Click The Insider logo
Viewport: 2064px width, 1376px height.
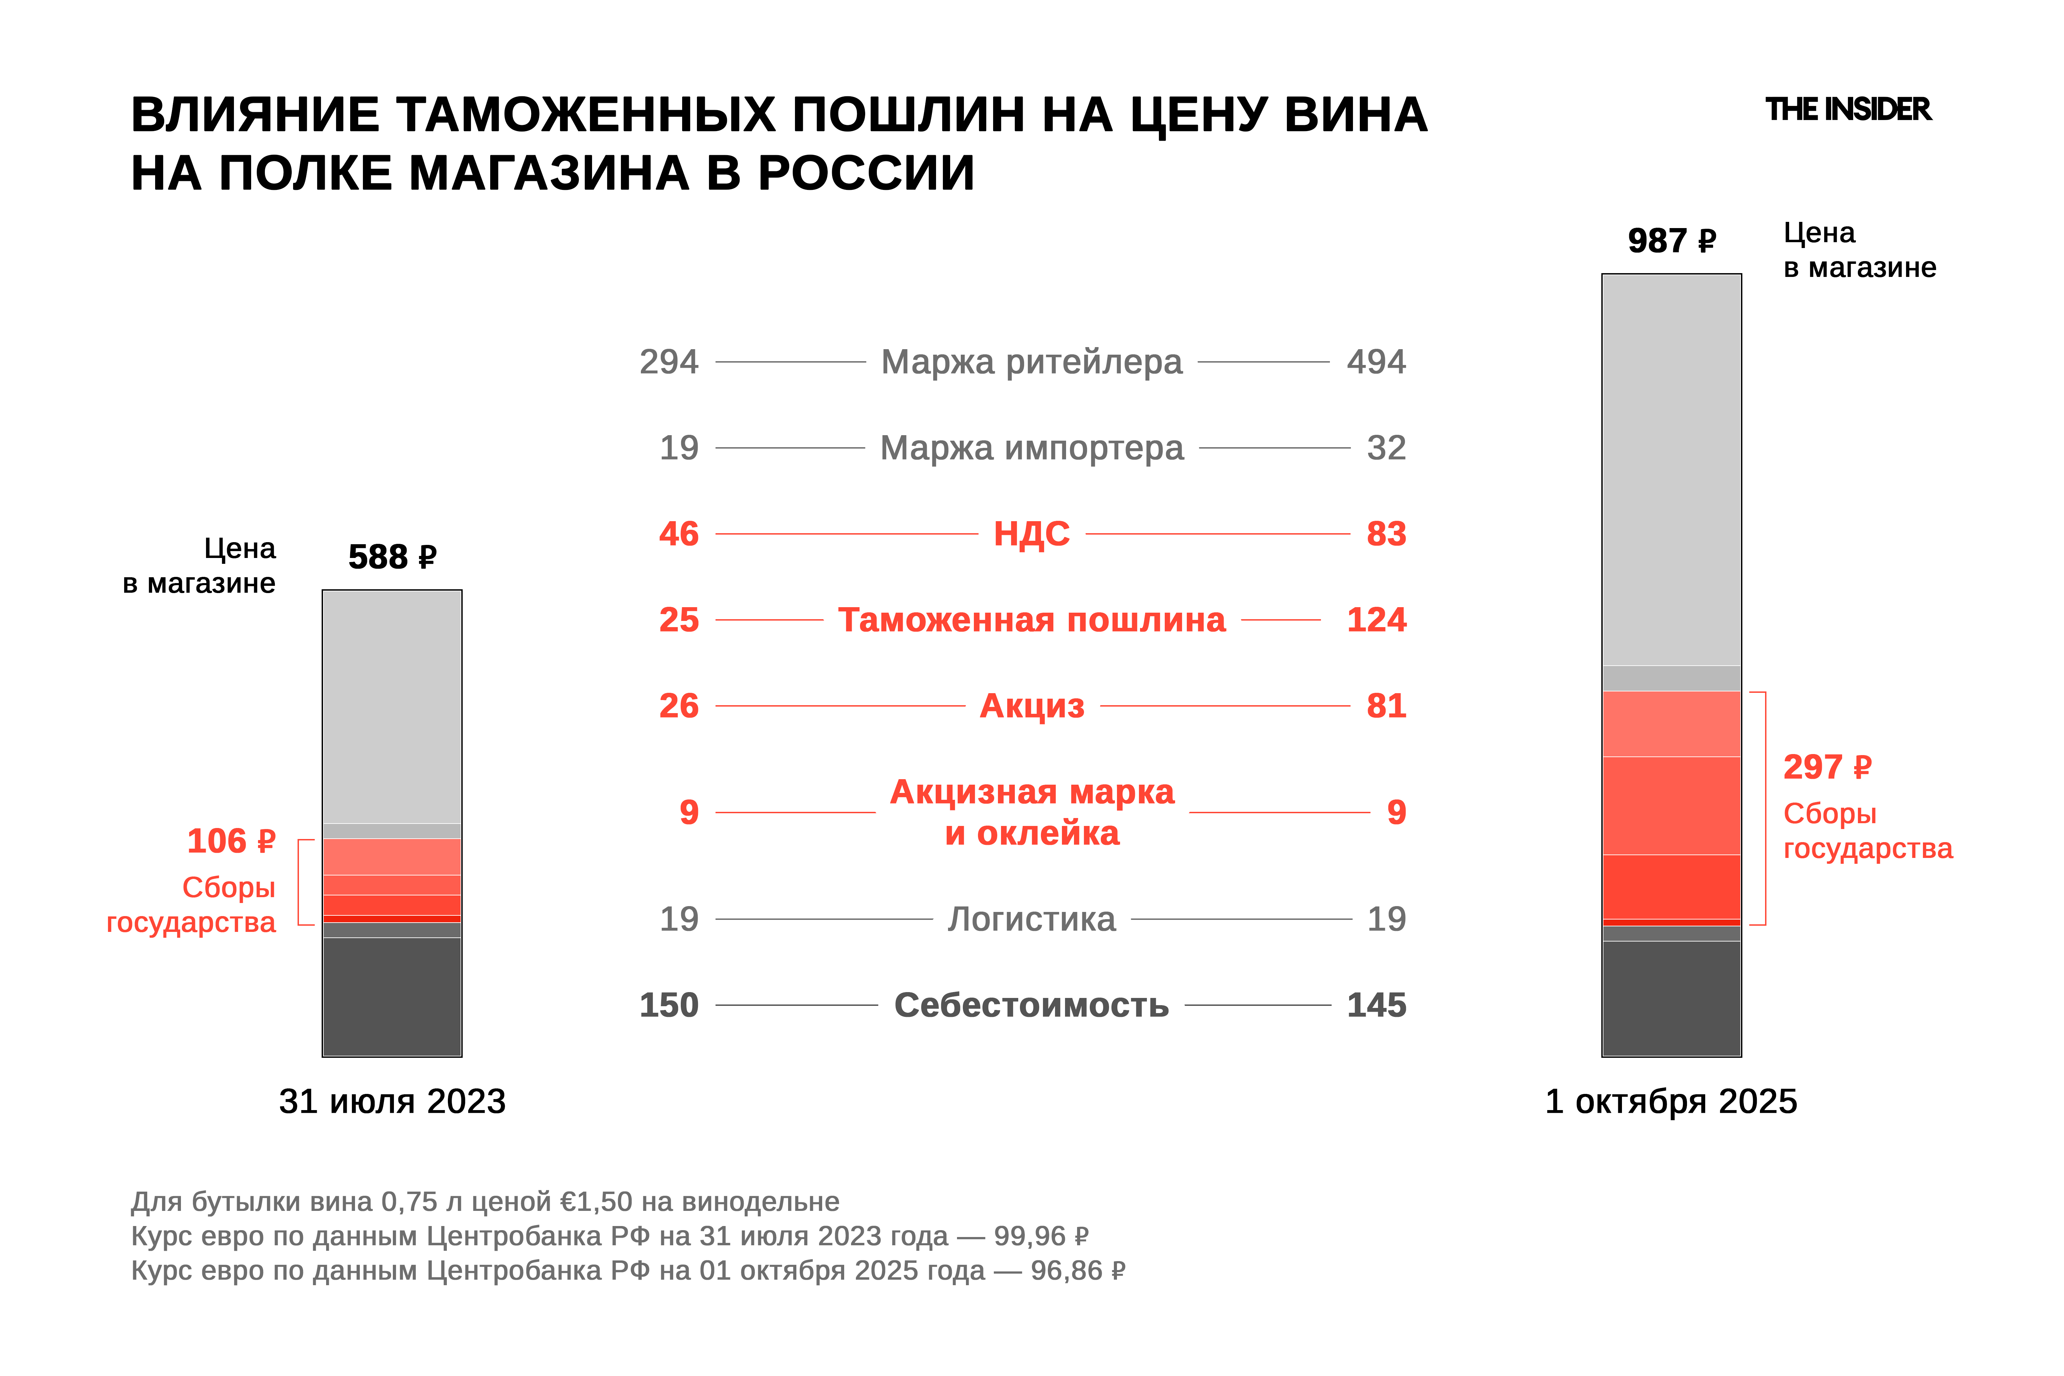1847,110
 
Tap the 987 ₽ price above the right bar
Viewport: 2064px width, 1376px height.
1671,240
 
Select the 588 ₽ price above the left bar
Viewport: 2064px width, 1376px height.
391,556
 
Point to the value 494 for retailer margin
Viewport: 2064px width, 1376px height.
1376,362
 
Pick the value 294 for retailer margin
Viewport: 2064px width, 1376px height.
669,362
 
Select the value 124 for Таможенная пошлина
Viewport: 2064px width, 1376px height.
1376,620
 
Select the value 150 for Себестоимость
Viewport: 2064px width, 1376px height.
669,1005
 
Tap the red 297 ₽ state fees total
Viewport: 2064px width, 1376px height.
1827,767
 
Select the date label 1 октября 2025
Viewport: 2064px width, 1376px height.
1671,1101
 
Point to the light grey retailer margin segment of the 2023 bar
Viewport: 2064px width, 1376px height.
391,707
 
